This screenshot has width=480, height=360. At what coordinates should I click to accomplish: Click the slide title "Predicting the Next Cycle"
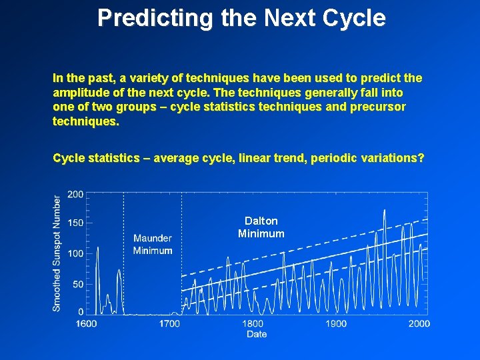241,18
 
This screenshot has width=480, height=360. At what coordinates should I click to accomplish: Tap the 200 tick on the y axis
75,194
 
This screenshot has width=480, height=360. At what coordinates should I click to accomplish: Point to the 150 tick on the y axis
75,223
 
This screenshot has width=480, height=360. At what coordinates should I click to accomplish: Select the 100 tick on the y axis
75,253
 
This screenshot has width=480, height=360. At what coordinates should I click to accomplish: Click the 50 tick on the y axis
77,285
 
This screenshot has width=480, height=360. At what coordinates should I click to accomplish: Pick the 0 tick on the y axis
80,311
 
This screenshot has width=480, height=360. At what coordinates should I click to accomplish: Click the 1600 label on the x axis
86,323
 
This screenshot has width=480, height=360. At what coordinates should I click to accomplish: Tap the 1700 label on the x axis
169,323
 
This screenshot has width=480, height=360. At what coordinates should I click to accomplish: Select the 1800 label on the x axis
253,323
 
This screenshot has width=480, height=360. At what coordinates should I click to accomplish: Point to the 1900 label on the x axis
336,323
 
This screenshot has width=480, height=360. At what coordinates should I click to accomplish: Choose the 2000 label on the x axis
419,323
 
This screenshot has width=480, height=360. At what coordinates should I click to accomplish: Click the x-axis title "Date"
257,334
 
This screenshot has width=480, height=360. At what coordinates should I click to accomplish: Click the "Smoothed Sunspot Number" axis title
57,253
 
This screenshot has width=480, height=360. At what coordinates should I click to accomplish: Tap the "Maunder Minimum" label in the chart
153,244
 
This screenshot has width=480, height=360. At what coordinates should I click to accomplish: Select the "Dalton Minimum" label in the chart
261,227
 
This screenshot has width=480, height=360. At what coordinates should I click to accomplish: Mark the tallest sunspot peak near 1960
384,211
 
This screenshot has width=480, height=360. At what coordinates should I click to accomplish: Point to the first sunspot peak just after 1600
97,248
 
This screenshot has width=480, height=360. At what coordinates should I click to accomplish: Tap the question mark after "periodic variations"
421,158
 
